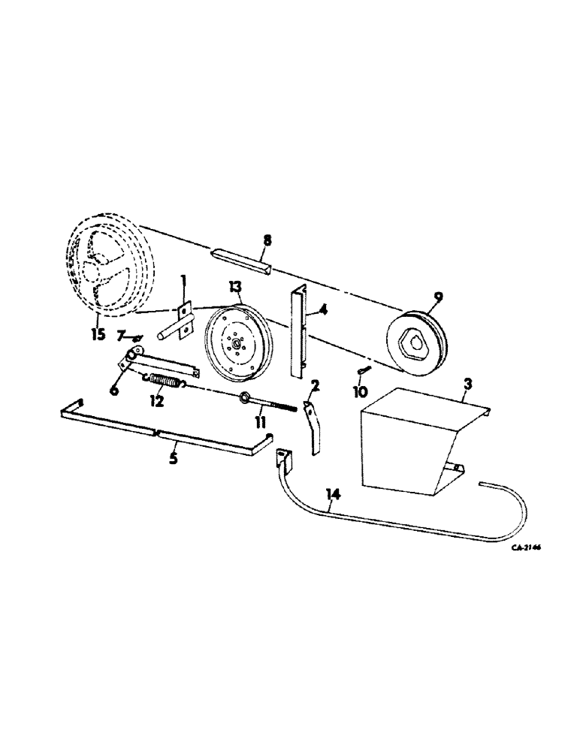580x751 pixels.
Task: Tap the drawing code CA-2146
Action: (x=527, y=548)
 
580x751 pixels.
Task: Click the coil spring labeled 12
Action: (x=167, y=381)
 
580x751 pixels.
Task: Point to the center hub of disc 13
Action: (x=237, y=345)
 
